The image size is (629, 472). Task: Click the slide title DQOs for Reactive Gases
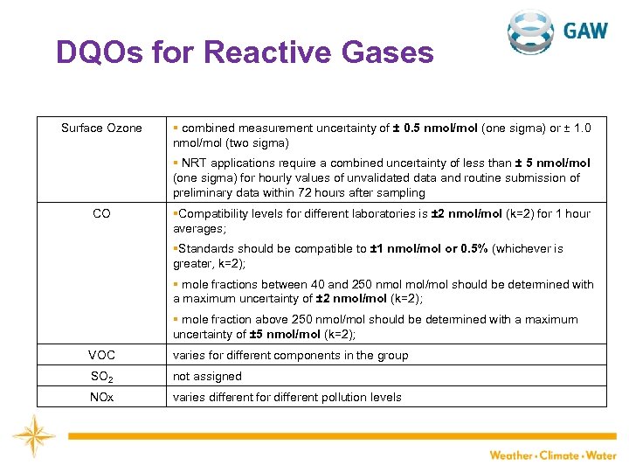click(x=245, y=53)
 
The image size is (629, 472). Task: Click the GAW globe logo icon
click(x=531, y=32)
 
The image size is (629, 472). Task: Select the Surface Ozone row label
click(x=101, y=128)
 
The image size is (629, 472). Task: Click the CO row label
click(x=101, y=213)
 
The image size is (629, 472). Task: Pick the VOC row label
click(x=101, y=355)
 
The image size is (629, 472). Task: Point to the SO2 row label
click(x=101, y=377)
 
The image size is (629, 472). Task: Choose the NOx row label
click(x=101, y=397)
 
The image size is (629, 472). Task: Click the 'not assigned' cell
click(x=207, y=376)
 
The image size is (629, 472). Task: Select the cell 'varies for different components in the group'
click(x=290, y=355)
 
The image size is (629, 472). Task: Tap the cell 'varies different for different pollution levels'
click(x=287, y=397)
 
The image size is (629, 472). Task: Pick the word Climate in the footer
click(x=560, y=455)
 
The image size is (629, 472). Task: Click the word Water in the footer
click(x=601, y=455)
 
